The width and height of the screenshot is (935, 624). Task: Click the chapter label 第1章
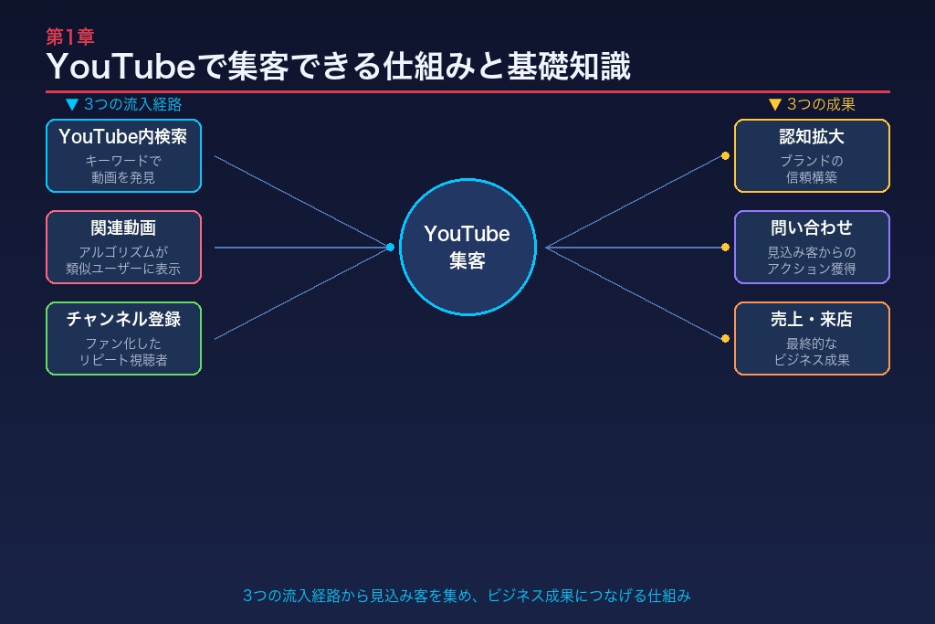[70, 37]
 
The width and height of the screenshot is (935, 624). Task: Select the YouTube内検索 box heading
[123, 137]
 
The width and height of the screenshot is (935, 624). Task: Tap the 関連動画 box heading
[123, 228]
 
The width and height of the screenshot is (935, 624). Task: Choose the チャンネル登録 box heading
[123, 320]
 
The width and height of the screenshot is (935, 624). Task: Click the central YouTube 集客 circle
[467, 247]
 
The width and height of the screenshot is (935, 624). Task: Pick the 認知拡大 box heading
[812, 137]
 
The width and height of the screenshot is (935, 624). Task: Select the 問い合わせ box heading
[812, 228]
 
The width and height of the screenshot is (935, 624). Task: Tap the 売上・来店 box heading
[812, 320]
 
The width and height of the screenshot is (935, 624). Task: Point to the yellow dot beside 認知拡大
[725, 155]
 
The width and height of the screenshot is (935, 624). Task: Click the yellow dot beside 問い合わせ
[725, 247]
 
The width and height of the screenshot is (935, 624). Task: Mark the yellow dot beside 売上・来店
[725, 338]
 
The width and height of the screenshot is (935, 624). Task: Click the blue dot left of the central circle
[390, 247]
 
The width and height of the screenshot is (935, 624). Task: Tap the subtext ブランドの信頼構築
[812, 169]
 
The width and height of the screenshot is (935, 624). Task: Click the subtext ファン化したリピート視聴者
[123, 352]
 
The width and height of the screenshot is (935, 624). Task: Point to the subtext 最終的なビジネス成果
[812, 352]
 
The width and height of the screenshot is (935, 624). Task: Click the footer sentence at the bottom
[467, 596]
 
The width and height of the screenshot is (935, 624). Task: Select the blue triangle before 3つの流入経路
[72, 104]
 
